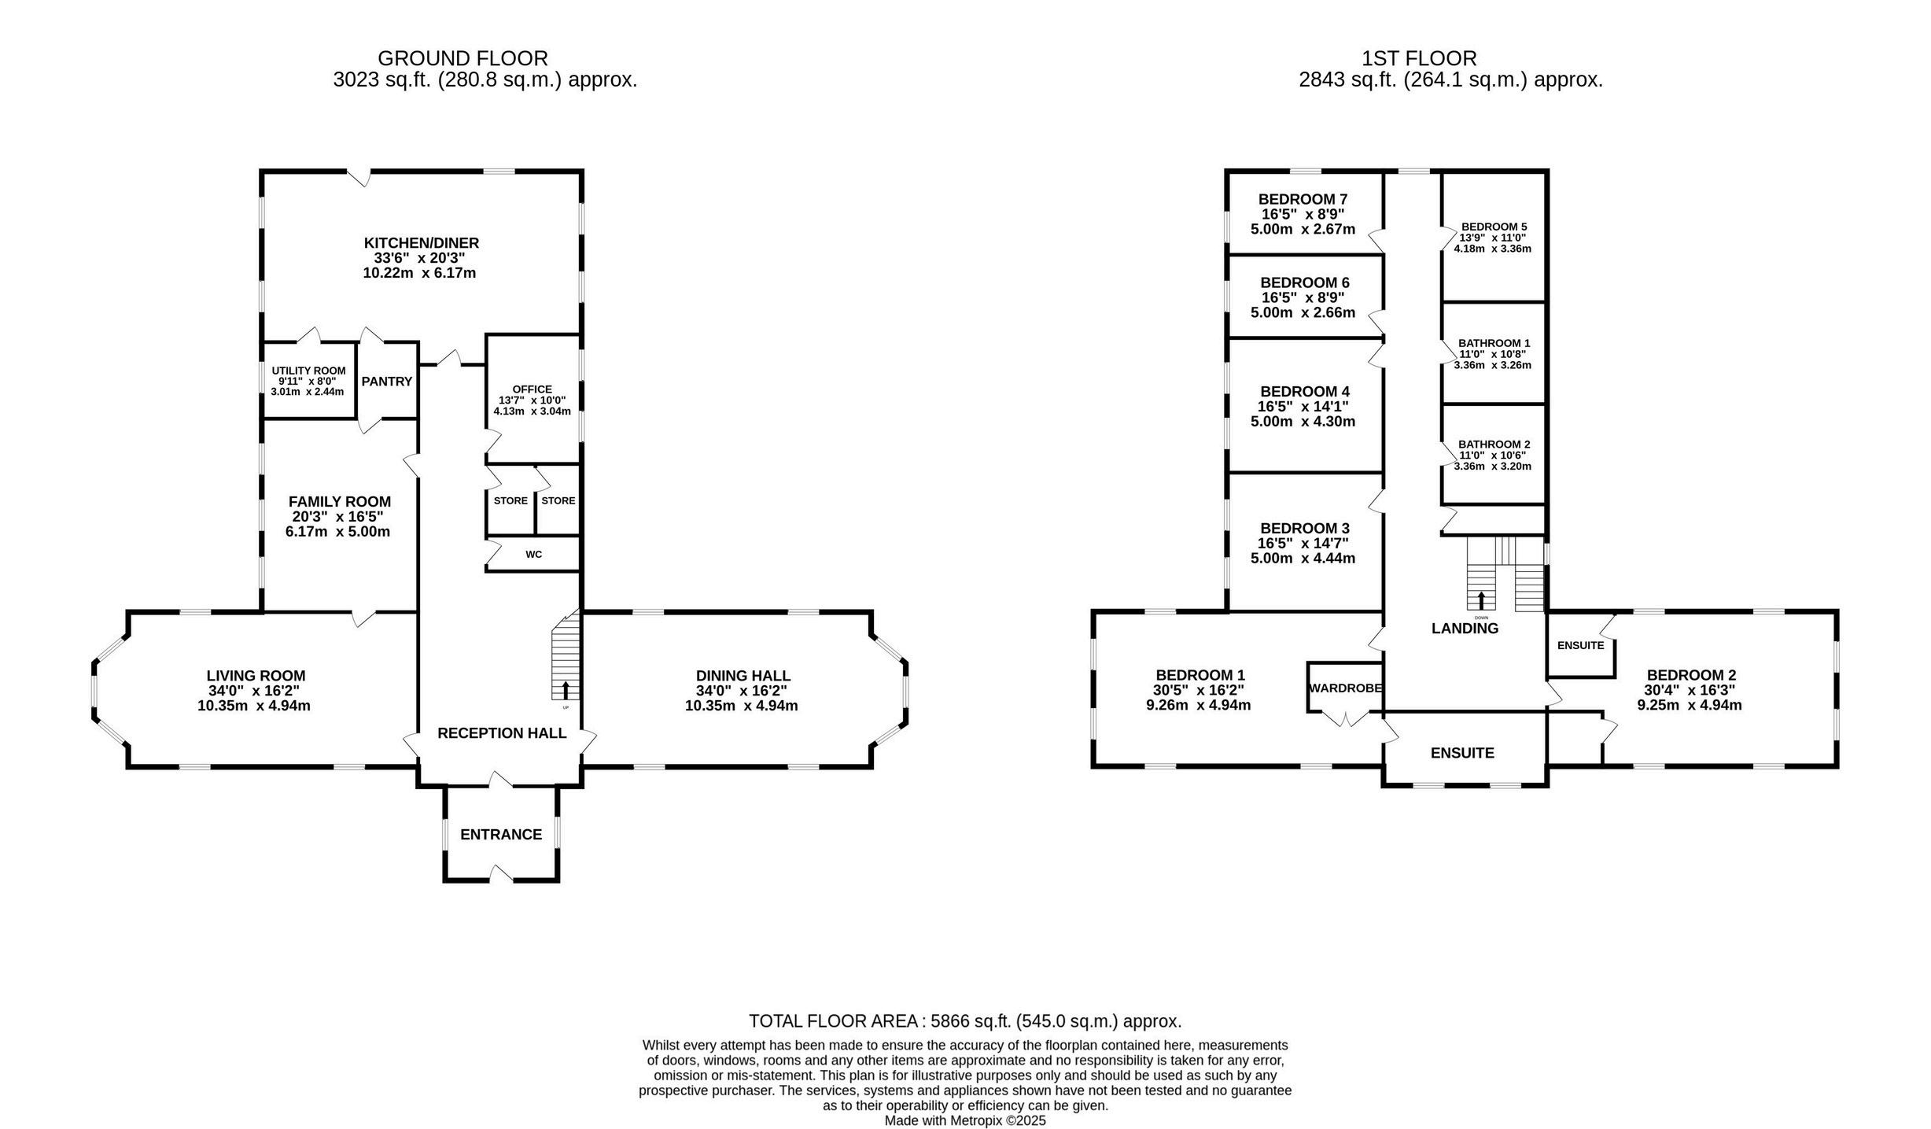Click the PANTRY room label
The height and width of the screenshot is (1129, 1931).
click(x=386, y=382)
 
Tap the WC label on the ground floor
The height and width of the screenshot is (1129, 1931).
click(x=534, y=555)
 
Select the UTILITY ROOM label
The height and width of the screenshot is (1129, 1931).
click(x=308, y=371)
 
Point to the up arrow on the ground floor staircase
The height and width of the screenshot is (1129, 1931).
click(x=566, y=690)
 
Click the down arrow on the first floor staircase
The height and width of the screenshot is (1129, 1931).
click(x=1482, y=600)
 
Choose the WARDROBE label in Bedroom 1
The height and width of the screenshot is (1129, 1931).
click(x=1345, y=688)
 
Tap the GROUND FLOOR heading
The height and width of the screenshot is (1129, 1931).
click(x=462, y=58)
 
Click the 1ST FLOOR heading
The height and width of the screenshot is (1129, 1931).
click(x=1419, y=58)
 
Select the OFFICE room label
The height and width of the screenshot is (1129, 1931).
click(x=532, y=389)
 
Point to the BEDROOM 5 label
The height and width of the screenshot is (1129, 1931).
click(x=1494, y=227)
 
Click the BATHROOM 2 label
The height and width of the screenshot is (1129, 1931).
click(x=1494, y=445)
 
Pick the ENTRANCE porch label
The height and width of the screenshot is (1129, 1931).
click(x=501, y=835)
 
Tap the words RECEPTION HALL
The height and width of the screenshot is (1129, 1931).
click(x=502, y=733)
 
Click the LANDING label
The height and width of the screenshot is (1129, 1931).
click(x=1465, y=629)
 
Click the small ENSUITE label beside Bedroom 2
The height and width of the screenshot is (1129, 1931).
click(x=1581, y=646)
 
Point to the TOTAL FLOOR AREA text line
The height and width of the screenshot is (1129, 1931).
click(x=965, y=1021)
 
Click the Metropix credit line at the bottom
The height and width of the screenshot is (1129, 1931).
click(x=965, y=1121)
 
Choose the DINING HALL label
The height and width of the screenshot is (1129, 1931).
click(x=743, y=676)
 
